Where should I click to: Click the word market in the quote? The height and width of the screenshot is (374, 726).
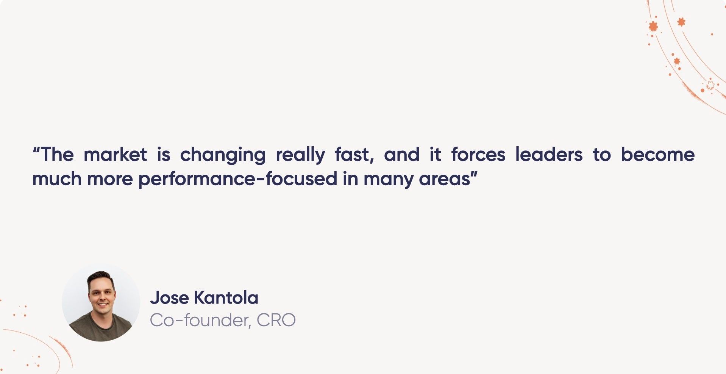115,155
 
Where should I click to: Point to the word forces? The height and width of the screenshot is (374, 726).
478,155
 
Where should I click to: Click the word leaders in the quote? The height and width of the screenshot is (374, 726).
549,155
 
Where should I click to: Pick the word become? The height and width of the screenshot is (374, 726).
657,155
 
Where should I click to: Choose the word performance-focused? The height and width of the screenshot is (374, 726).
238,179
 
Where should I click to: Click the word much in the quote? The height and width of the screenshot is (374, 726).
57,179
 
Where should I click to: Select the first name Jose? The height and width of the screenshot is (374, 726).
169,298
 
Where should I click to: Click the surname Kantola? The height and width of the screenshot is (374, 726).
226,298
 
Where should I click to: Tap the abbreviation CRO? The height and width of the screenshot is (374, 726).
276,321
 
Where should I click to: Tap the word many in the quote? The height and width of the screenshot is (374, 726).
388,179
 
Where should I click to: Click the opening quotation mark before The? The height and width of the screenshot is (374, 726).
36,149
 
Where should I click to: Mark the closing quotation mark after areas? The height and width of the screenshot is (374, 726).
474,173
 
